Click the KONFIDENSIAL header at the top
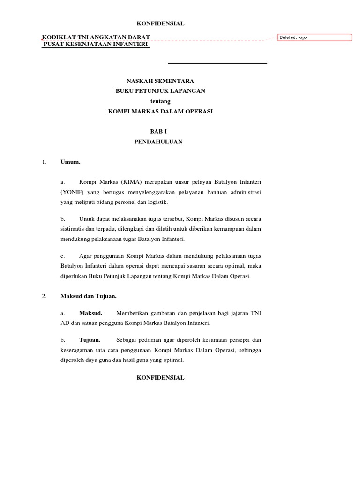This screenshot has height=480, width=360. click(160, 23)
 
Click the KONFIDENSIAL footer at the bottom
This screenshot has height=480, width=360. click(160, 378)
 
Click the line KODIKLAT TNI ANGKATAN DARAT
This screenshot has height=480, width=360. click(97, 37)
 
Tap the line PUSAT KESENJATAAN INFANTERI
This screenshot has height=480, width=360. click(96, 44)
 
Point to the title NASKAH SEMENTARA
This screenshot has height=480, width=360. click(160, 81)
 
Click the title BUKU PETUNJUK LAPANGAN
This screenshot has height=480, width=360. click(160, 91)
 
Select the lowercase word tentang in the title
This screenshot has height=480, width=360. click(160, 101)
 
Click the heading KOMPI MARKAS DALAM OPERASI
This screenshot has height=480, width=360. click(160, 111)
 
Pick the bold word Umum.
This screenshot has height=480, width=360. click(70, 162)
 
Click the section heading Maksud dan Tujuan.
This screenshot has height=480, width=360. click(89, 296)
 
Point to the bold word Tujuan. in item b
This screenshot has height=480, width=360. click(90, 340)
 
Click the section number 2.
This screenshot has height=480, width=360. click(44, 296)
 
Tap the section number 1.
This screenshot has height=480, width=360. click(44, 162)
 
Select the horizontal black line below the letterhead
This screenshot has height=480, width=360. click(217, 63)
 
